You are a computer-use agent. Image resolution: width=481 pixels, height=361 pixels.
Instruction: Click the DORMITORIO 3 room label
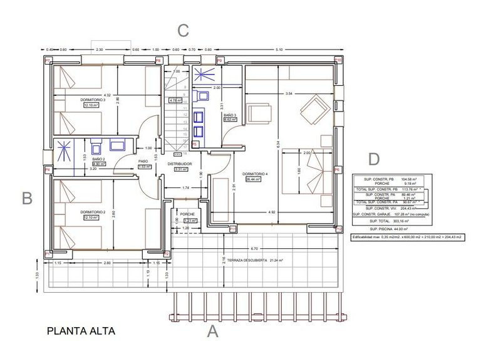tap(93, 99)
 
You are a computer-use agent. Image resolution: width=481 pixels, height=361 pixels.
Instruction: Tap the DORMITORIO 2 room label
tap(92, 212)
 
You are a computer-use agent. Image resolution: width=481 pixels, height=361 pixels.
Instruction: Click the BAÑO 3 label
tap(230, 115)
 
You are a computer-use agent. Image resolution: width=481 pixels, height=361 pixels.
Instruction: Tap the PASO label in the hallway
tap(143, 161)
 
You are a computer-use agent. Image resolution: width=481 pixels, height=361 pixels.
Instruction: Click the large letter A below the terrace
tap(213, 332)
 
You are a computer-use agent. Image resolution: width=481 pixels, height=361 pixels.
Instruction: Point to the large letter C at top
tap(183, 30)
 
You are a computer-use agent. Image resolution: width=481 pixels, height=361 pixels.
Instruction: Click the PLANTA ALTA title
tap(81, 330)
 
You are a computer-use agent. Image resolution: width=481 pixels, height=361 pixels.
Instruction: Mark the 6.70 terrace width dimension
tap(253, 248)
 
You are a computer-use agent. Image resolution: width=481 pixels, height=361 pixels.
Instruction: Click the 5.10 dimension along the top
tap(279, 50)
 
